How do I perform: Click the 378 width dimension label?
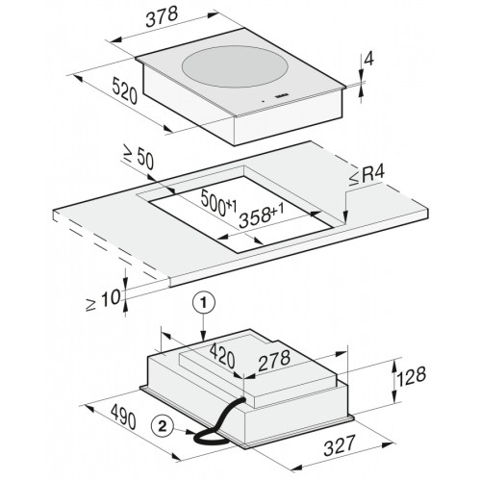(x=162, y=17)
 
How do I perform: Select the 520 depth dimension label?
(x=125, y=92)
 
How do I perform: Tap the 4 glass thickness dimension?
(x=369, y=60)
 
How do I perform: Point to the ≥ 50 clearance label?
(x=139, y=158)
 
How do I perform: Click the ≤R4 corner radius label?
(x=367, y=176)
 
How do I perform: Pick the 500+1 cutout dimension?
(x=218, y=203)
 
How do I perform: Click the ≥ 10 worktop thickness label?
(x=103, y=300)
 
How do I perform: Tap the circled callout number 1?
(x=203, y=303)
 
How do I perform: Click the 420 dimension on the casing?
(x=222, y=356)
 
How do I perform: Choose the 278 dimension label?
(x=274, y=360)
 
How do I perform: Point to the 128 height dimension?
(x=412, y=376)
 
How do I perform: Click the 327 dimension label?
(x=340, y=444)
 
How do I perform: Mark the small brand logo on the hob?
(x=282, y=95)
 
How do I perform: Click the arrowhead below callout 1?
(x=203, y=336)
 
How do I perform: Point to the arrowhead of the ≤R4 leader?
(x=345, y=217)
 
